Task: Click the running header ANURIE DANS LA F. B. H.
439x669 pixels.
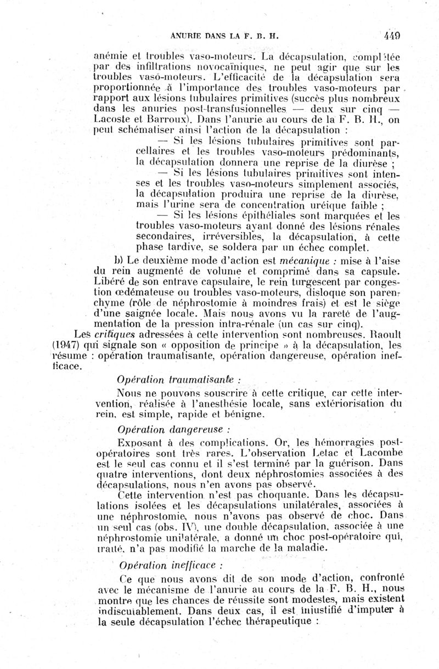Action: (225, 37)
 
